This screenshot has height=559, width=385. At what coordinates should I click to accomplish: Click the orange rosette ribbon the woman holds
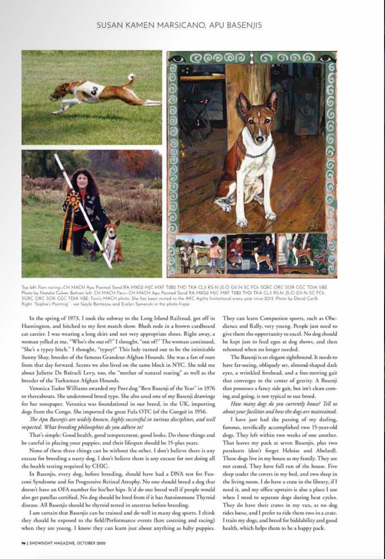(x=73, y=200)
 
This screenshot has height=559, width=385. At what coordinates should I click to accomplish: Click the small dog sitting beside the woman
(x=113, y=243)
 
